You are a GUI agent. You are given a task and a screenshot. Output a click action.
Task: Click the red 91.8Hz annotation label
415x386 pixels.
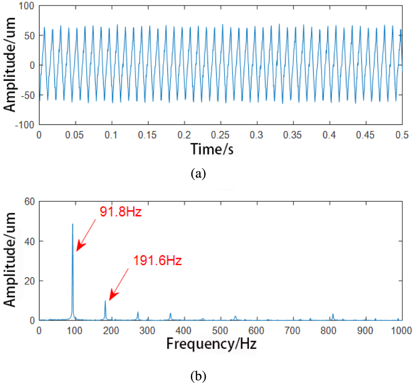click(x=121, y=212)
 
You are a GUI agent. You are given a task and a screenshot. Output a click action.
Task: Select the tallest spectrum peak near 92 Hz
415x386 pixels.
click(x=73, y=225)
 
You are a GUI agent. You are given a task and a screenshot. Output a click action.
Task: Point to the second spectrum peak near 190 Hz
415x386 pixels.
click(x=105, y=301)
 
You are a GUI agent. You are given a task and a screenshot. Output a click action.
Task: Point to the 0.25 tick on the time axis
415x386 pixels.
click(x=220, y=134)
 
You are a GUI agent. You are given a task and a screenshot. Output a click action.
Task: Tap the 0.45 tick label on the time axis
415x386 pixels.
click(x=366, y=134)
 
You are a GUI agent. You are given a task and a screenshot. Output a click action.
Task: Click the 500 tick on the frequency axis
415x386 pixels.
click(x=220, y=330)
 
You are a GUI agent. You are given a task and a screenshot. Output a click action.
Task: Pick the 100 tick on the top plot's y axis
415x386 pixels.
click(x=28, y=6)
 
